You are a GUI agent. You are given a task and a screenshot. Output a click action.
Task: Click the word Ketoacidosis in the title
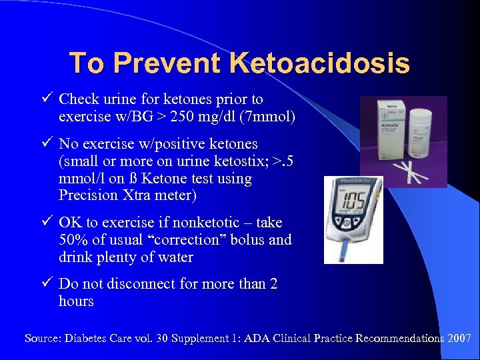pyautogui.click(x=319, y=63)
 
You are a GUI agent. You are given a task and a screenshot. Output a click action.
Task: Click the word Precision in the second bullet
pyautogui.click(x=87, y=196)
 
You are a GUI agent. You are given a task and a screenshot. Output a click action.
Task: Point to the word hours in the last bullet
pyautogui.click(x=76, y=301)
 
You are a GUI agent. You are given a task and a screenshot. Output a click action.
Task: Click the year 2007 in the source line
pyautogui.click(x=459, y=339)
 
